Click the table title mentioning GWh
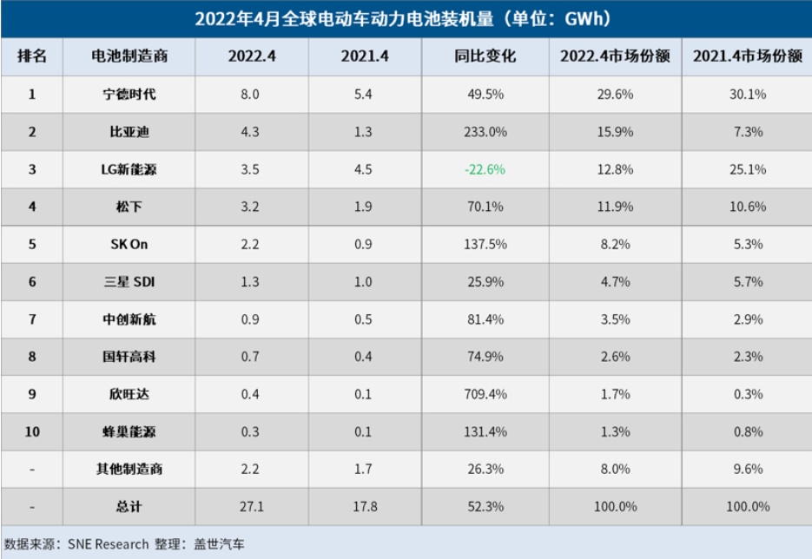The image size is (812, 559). pyautogui.click(x=406, y=18)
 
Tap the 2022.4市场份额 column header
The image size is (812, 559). pyautogui.click(x=615, y=56)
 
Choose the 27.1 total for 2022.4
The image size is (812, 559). pyautogui.click(x=251, y=506)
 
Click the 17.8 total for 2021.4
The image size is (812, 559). pyautogui.click(x=365, y=506)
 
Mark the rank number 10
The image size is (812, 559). pyautogui.click(x=32, y=431)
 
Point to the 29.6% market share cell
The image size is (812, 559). pyautogui.click(x=615, y=95)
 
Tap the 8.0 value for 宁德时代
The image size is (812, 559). pyautogui.click(x=251, y=95)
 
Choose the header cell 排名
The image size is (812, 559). pyautogui.click(x=32, y=56)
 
